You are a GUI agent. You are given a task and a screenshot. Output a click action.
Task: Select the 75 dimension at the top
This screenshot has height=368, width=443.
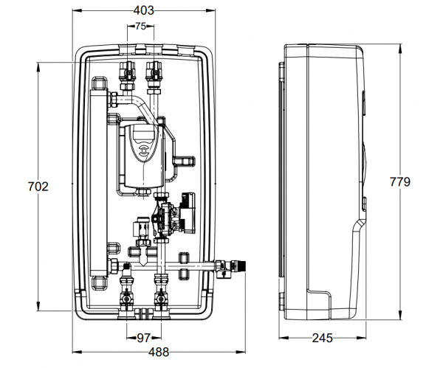[x=140, y=27]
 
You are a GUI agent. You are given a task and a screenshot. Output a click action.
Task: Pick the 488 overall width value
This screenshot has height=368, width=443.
[x=145, y=352]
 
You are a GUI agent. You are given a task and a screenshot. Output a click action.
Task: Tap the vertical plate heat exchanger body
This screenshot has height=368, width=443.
[x=98, y=184]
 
